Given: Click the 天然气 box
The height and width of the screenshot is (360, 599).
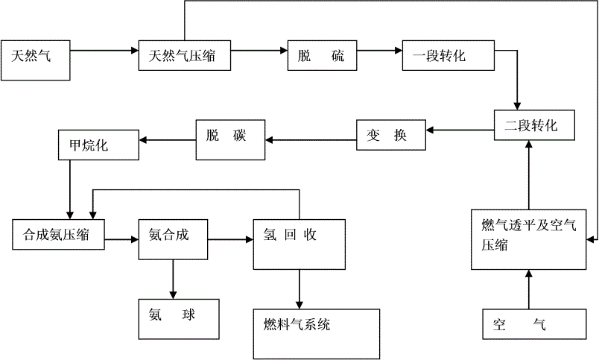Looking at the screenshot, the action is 36,60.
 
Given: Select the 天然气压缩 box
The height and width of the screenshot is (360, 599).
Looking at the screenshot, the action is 185,55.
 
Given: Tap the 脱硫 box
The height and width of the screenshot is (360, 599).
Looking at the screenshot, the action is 322,55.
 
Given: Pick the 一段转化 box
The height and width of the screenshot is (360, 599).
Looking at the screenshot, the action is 448,55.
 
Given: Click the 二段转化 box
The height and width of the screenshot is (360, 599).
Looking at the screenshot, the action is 534,125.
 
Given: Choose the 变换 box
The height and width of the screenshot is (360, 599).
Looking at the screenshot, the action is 391,135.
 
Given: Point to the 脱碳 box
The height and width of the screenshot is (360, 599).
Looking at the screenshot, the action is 230,140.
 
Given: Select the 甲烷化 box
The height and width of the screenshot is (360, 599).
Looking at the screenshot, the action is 98,145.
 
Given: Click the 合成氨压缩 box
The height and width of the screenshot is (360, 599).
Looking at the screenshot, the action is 58,235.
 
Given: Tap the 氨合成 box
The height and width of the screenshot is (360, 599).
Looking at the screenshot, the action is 173,239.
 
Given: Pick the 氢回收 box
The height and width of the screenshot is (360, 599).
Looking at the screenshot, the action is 299,244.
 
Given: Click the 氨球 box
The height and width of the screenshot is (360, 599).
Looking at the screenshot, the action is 179,319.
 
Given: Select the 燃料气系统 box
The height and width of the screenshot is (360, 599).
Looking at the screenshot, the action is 317,334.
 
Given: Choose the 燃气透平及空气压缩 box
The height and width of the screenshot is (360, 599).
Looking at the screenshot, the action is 528,239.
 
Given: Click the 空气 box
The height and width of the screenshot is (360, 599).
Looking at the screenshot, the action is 534,324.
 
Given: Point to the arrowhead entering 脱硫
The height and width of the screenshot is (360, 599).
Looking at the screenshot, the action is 283,51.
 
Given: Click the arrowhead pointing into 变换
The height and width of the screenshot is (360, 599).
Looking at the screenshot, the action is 430,130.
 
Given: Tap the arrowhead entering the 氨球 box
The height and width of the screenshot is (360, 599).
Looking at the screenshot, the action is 173,295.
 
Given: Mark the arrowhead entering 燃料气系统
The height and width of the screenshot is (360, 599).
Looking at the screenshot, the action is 299,305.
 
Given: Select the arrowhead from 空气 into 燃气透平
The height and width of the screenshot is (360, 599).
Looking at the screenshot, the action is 529,274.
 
